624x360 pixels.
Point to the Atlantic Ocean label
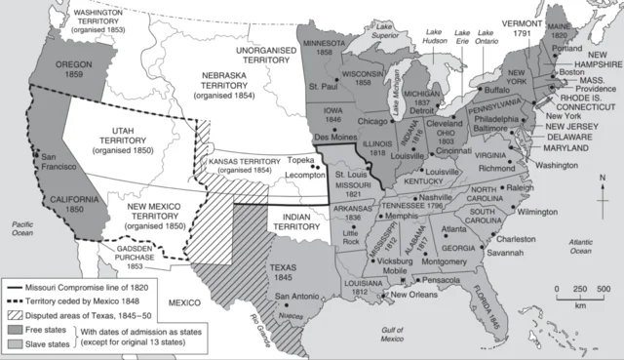point(585,245)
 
